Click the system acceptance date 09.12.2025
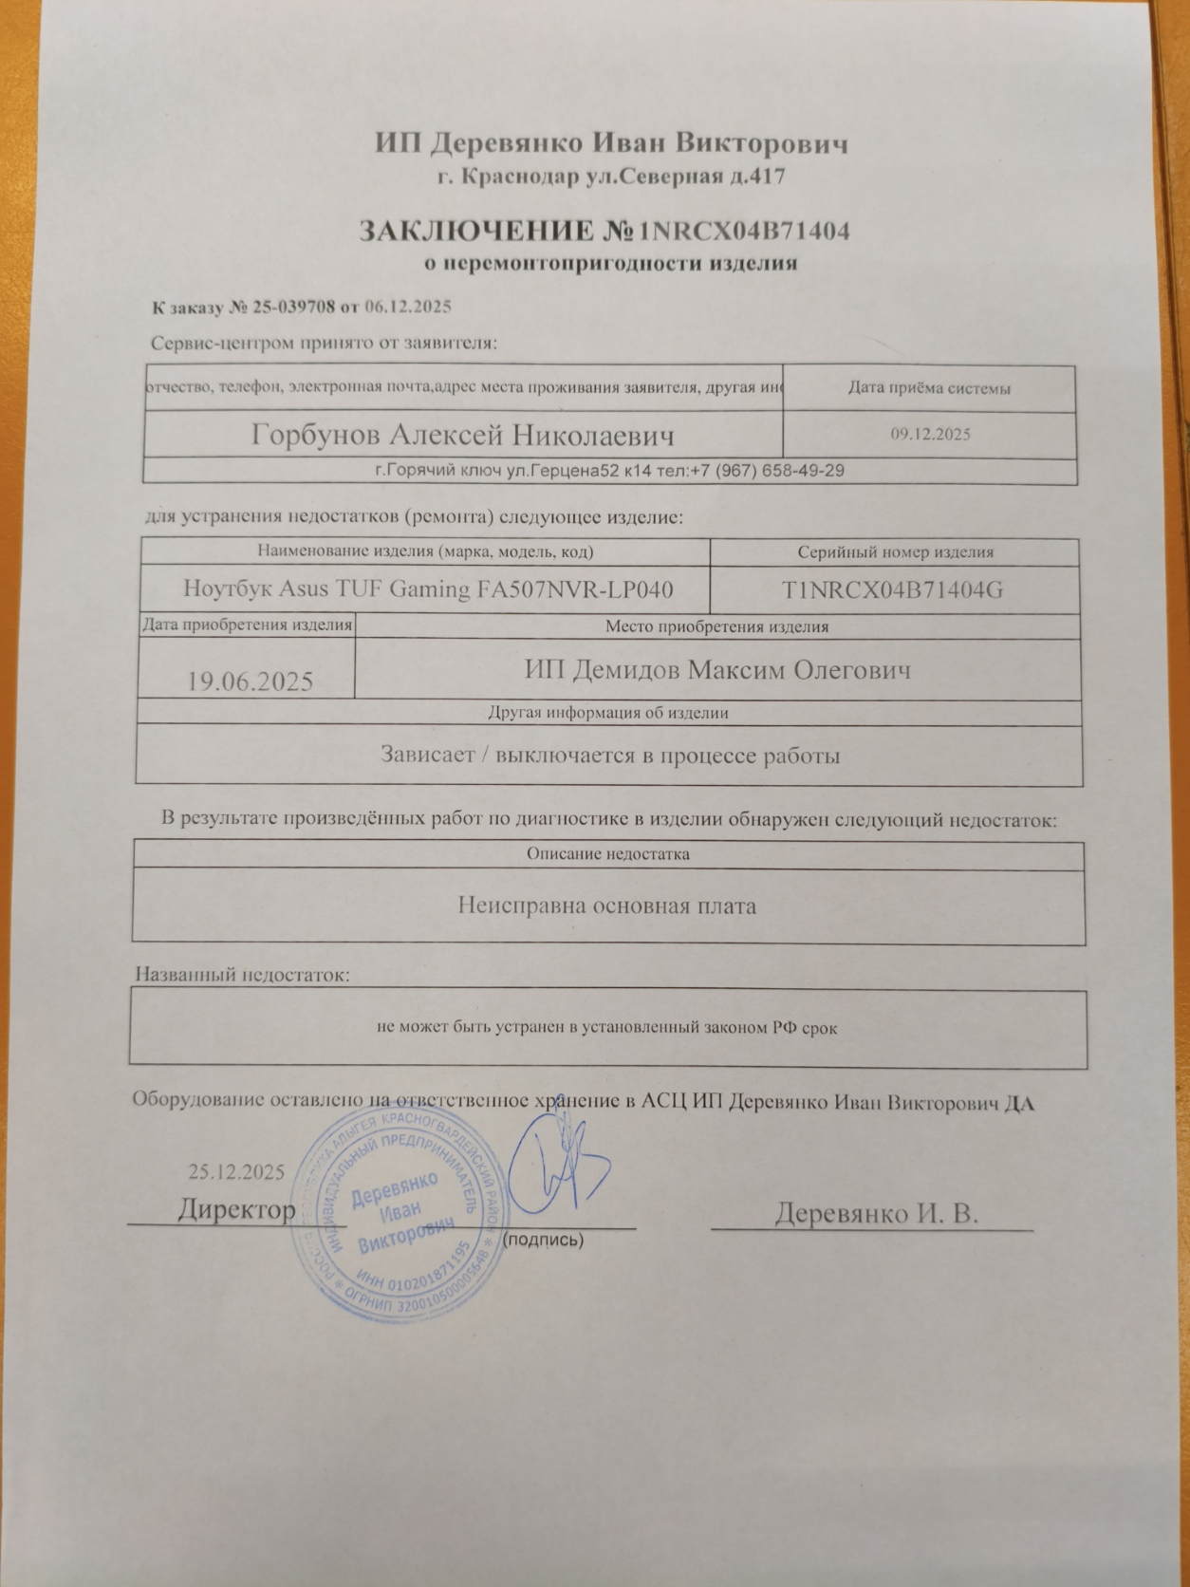point(930,435)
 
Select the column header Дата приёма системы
point(928,388)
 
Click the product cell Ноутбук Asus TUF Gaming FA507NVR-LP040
point(428,589)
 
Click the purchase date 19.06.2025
point(251,681)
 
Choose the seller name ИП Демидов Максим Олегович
point(717,670)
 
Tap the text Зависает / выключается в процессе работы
point(610,756)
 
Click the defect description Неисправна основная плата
point(607,906)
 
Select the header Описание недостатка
point(607,854)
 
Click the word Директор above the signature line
point(236,1210)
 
